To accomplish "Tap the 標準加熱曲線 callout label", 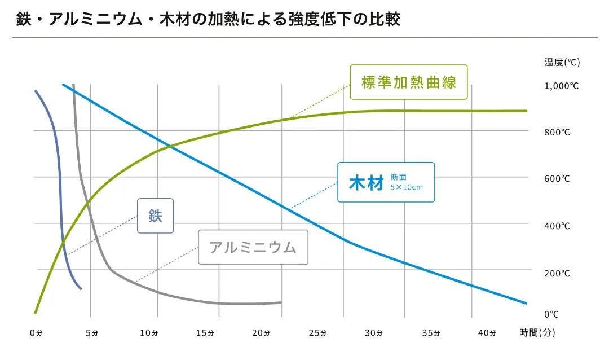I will (408, 82).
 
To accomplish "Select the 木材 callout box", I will (386, 182).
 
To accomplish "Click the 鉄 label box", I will (156, 216).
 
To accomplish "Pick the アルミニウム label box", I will (253, 247).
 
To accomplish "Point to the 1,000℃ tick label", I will (561, 86).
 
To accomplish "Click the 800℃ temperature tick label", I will (557, 133).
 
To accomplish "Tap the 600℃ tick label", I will (557, 179).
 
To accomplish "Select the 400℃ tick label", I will (557, 226).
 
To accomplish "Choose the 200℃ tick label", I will (557, 273).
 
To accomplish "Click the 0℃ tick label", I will (551, 314).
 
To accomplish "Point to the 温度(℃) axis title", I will (562, 62).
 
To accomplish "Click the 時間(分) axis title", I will (537, 333).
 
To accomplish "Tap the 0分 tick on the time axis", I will (36, 333).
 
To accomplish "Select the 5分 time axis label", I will (92, 333).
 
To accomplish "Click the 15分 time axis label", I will (205, 333).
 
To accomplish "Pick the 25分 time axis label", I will (317, 333).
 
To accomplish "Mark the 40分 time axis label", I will (487, 333).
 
